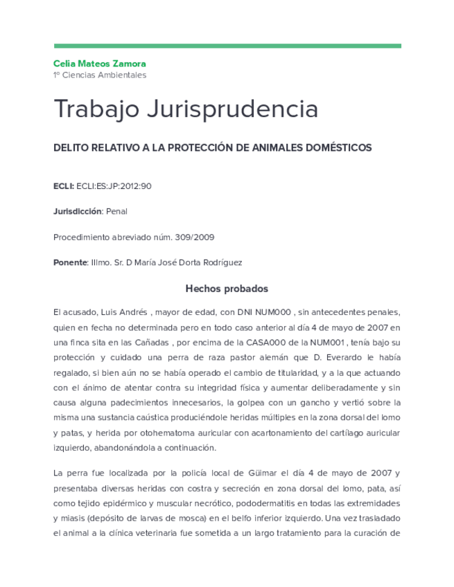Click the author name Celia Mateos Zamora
coord(100,64)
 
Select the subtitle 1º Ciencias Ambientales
coord(100,75)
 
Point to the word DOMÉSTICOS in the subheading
coord(338,147)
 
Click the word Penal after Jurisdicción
coord(116,211)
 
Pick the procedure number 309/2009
coord(195,237)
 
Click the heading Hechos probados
coord(227,289)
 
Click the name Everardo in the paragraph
coord(340,357)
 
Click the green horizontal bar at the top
coord(227,46)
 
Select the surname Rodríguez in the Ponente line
coord(222,262)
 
